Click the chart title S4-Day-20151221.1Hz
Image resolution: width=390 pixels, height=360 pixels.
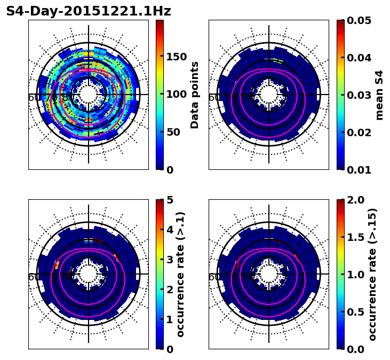tap(89, 11)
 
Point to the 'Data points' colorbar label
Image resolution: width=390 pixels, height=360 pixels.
tap(195, 95)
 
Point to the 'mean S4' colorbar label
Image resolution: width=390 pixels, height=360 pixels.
tap(379, 95)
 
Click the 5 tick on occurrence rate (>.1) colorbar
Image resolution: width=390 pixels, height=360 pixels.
tap(169, 200)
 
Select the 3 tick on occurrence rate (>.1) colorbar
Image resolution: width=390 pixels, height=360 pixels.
tap(169, 260)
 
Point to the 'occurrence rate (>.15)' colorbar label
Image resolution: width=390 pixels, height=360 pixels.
tap(373, 274)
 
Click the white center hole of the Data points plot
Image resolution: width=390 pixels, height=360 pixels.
tap(89, 95)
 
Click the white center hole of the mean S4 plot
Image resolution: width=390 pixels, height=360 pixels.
tap(269, 95)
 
